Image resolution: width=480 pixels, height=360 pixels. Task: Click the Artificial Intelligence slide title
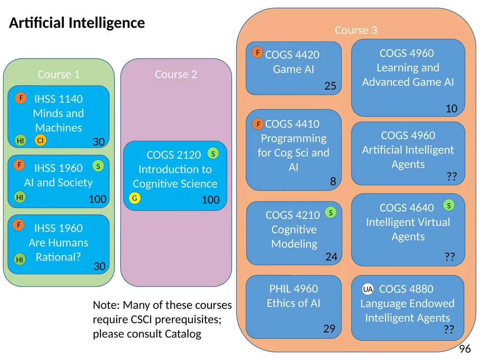pos(77,23)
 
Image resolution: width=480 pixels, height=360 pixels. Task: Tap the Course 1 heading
pos(59,75)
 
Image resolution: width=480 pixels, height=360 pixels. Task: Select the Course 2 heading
pos(176,75)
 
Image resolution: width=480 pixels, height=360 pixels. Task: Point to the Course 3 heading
pos(356,30)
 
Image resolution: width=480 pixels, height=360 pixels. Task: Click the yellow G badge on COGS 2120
pos(135,198)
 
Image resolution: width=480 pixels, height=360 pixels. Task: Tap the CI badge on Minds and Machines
pos(40,140)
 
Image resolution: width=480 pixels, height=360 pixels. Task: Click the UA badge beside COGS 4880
pos(367,289)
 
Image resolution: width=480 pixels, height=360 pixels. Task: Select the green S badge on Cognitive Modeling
pos(330,212)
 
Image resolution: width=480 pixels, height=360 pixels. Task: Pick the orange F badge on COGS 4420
pos(257,52)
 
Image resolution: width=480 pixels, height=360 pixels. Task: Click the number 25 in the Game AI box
pos(330,86)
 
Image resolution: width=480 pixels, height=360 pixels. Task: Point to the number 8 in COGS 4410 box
pos(333,181)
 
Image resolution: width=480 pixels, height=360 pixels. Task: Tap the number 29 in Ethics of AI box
pos(330,329)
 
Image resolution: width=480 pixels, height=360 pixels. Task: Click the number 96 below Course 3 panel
pos(465,349)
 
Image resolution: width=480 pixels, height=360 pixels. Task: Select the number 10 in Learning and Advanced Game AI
pos(451,108)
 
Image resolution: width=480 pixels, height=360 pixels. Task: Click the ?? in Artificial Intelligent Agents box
pos(451,176)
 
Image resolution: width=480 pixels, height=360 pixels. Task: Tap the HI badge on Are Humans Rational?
pos(20,260)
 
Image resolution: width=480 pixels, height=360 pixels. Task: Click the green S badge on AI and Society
pos(98,166)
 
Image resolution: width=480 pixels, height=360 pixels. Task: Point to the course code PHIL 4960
pos(293,289)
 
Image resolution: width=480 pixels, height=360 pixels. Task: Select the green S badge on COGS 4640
pos(449,205)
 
